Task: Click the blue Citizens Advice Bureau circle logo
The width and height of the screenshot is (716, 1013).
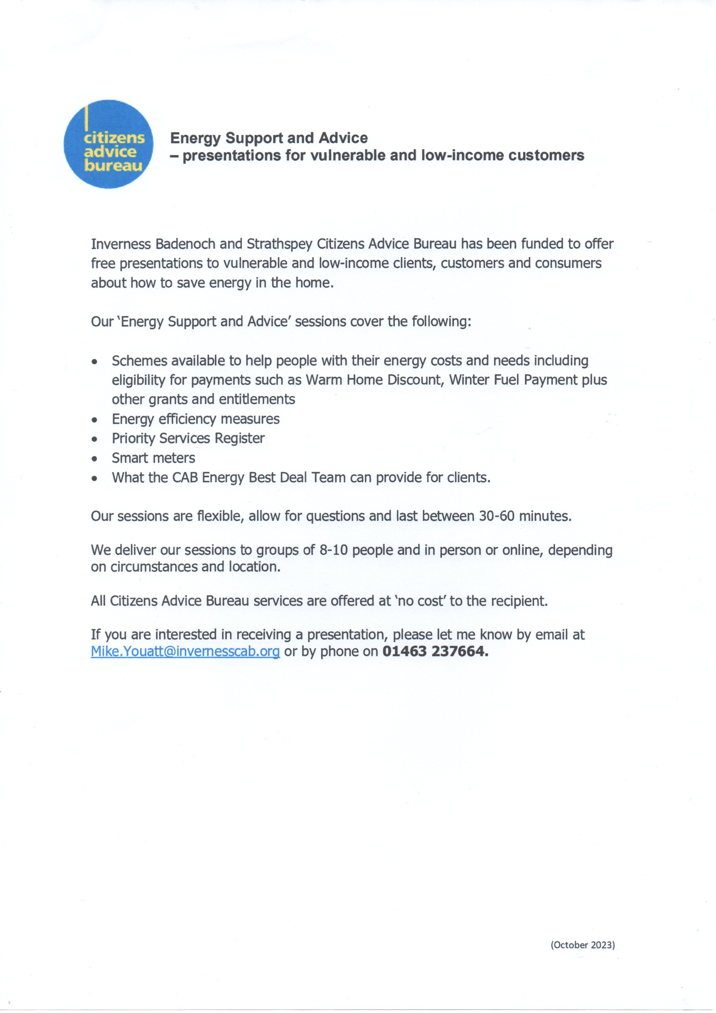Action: click(x=109, y=144)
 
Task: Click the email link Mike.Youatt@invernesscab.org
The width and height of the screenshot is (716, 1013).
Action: click(x=185, y=651)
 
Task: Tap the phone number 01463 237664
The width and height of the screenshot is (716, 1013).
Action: click(x=435, y=651)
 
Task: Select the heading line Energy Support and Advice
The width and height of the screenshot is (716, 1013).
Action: click(x=269, y=138)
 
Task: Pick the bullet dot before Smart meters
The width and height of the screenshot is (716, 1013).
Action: click(x=94, y=459)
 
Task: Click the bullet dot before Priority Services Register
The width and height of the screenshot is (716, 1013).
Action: click(x=94, y=439)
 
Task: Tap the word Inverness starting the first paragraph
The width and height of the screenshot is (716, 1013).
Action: click(x=120, y=244)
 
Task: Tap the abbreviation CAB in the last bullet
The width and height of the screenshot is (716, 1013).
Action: click(x=185, y=478)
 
